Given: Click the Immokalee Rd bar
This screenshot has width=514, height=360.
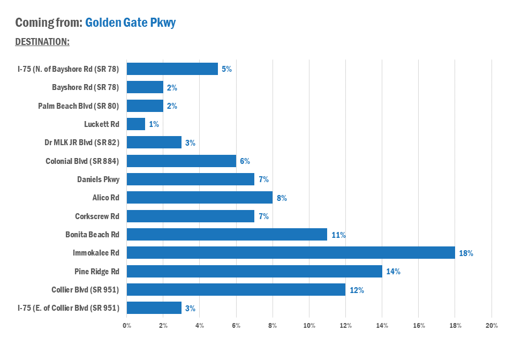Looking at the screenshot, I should tap(290, 253).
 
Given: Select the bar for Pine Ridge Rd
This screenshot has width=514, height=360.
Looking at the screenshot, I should tap(254, 271).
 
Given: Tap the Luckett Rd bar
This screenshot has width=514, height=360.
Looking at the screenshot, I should tap(135, 124).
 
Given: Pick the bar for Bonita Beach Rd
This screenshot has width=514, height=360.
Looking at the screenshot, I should tap(226, 235).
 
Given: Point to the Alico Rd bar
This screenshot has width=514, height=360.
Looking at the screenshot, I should tap(199, 198).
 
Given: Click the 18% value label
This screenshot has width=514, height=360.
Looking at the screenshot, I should tap(466, 253).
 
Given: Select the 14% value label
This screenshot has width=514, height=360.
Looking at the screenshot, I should tap(393, 272).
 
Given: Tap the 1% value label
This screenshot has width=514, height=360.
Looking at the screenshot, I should tap(154, 124).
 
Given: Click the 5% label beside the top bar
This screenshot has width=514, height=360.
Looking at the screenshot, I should tap(226, 69).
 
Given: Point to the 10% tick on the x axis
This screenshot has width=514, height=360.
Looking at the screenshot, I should tap(309, 326).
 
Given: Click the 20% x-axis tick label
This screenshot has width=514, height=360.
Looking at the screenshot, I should tap(492, 326).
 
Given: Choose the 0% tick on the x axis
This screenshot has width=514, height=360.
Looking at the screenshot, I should tap(127, 326).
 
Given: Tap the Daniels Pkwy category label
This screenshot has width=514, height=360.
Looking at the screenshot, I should tap(98, 179).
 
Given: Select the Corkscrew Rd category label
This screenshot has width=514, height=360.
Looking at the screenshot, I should tap(97, 216).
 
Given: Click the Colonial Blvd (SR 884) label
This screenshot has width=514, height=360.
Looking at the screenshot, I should tap(82, 161).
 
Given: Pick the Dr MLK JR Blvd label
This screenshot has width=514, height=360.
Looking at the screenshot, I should tap(81, 142).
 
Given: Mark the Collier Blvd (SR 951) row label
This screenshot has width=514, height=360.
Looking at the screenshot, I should tap(85, 290).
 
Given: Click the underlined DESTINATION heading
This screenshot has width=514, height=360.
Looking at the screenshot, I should tap(42, 41).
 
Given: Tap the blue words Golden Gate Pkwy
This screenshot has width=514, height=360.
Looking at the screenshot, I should tap(130, 22).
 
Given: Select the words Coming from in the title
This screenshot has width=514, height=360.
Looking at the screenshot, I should tap(48, 22).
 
